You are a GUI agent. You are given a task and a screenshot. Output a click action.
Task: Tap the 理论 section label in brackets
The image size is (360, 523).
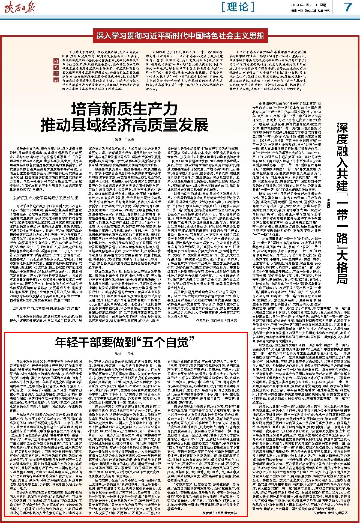click(238, 7)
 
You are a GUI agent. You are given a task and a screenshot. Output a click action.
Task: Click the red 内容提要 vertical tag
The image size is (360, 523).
click(56, 70)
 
